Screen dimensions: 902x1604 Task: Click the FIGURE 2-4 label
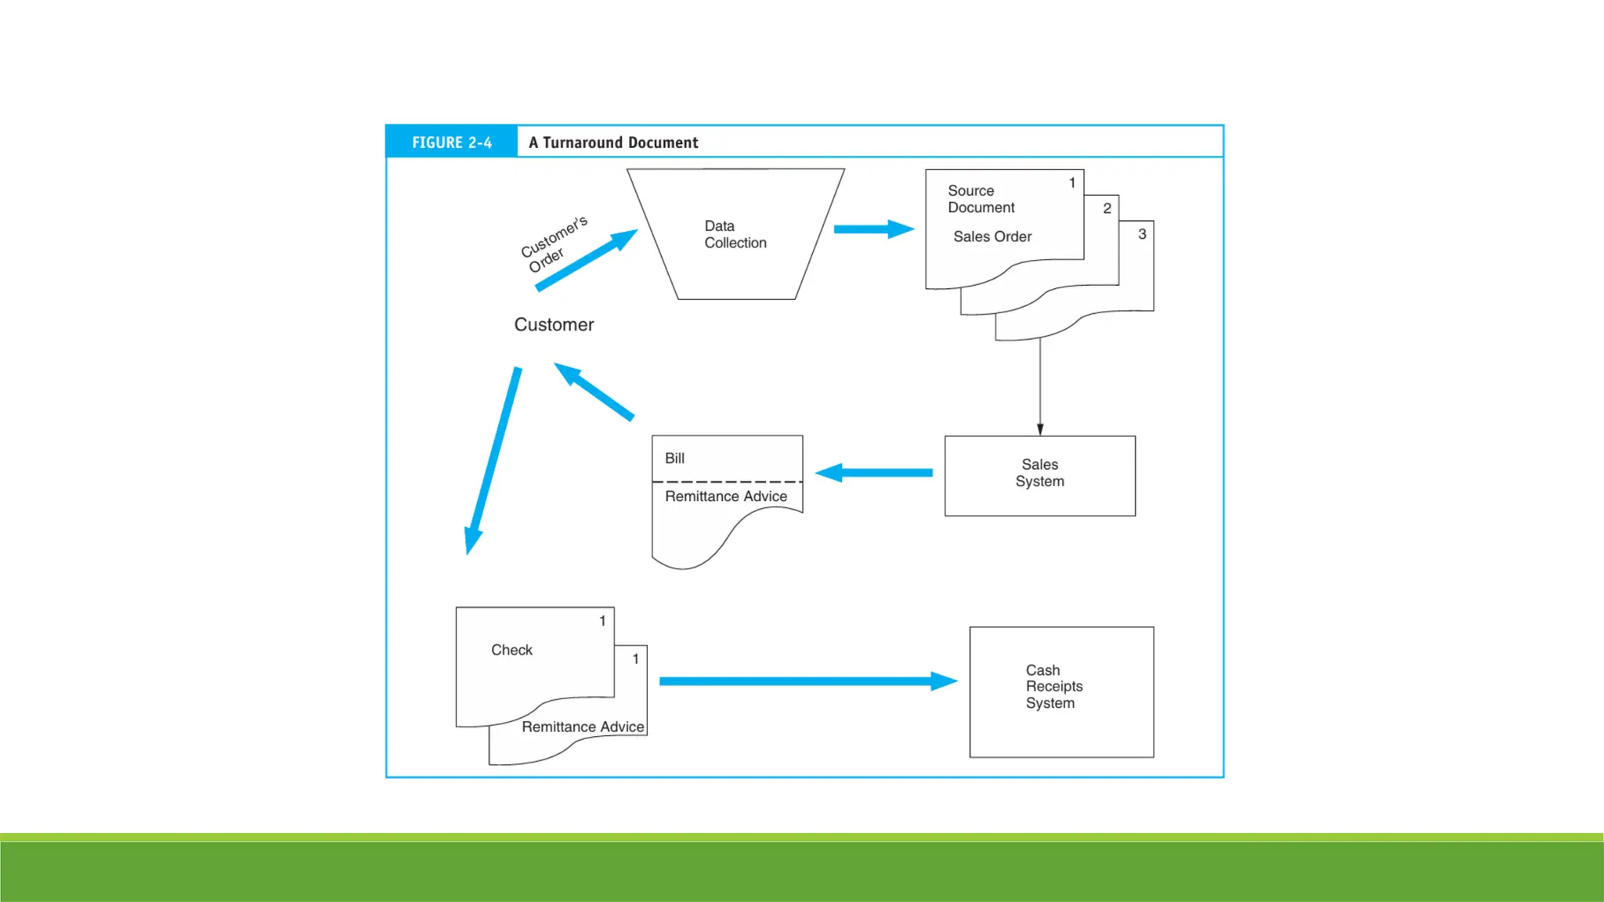pyautogui.click(x=451, y=143)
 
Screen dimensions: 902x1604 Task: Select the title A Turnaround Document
pyautogui.click(x=613, y=143)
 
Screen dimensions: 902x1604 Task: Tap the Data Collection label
pyautogui.click(x=735, y=234)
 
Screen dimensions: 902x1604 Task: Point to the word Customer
pyautogui.click(x=554, y=324)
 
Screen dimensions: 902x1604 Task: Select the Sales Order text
pyautogui.click(x=992, y=236)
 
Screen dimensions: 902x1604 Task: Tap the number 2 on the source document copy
pyautogui.click(x=1107, y=208)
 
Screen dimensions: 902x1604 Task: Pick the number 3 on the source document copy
pyautogui.click(x=1142, y=234)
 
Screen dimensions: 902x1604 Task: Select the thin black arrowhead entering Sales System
pyautogui.click(x=1040, y=429)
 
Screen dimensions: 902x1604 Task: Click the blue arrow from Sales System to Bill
pyautogui.click(x=874, y=472)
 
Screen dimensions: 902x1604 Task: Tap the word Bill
pyautogui.click(x=674, y=458)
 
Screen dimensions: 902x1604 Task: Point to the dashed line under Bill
pyautogui.click(x=727, y=482)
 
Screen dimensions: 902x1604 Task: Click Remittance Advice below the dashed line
pyautogui.click(x=725, y=496)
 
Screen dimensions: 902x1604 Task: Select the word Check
pyautogui.click(x=511, y=650)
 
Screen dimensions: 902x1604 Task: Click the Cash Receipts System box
pyautogui.click(x=1060, y=691)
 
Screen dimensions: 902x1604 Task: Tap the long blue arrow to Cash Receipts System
pyautogui.click(x=807, y=681)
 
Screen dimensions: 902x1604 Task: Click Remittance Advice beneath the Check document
pyautogui.click(x=583, y=727)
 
